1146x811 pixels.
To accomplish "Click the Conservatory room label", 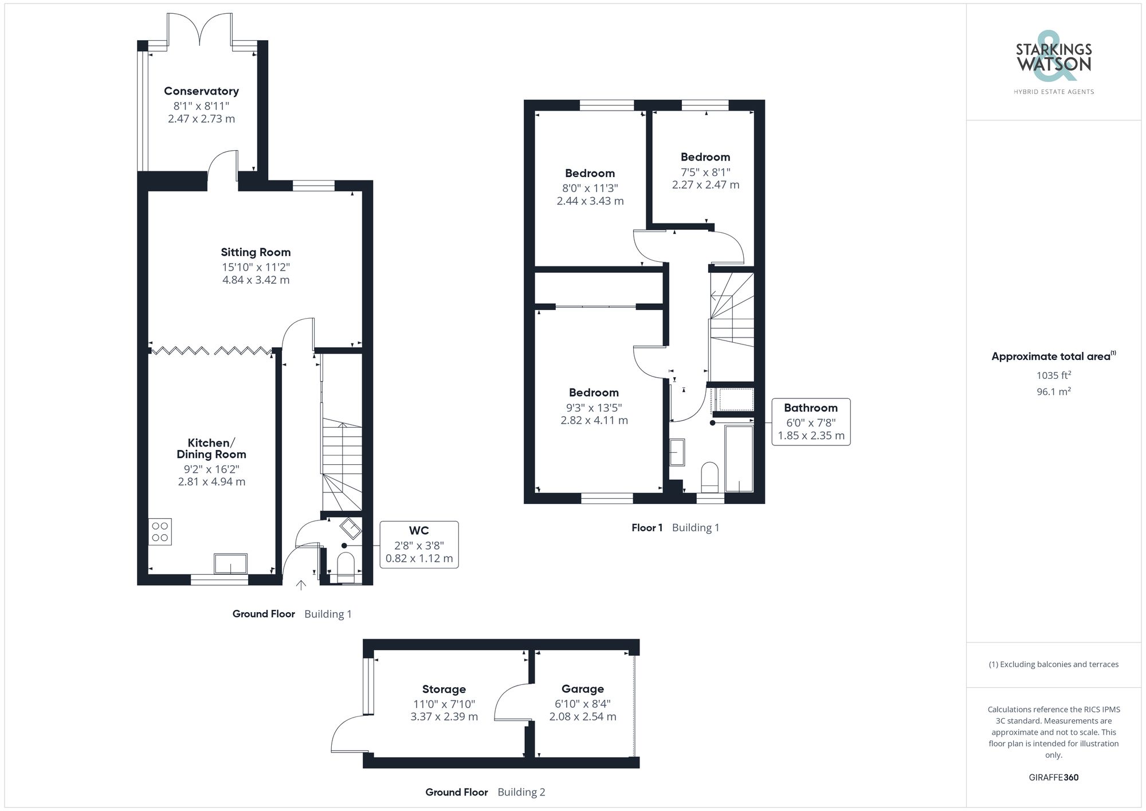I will [201, 91].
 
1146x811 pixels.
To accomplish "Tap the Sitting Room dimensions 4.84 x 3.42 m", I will [256, 280].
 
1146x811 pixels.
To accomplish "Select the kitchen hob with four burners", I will [160, 532].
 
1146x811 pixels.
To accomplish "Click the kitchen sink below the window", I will [230, 563].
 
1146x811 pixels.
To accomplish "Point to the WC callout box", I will [419, 544].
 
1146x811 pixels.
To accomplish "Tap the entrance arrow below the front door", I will [301, 585].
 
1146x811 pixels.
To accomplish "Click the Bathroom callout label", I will [810, 408].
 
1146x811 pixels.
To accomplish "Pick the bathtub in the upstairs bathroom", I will [739, 459].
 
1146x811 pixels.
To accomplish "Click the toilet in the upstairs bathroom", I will [709, 477].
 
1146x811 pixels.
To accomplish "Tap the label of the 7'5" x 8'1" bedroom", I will [705, 157].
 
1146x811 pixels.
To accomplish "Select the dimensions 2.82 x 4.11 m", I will [594, 421].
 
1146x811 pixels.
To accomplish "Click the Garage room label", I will [582, 689].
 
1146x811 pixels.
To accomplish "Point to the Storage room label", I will [444, 689].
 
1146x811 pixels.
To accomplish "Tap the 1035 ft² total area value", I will [1053, 375].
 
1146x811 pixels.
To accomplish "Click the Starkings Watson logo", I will [1053, 63].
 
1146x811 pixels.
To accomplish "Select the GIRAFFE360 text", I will [1053, 778].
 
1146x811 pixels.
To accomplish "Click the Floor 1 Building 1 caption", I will [674, 528].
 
